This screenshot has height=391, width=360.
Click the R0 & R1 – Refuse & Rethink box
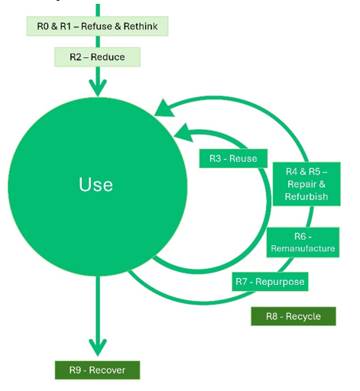[97, 26]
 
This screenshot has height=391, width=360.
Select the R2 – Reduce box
[97, 57]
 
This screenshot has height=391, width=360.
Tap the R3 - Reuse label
[233, 158]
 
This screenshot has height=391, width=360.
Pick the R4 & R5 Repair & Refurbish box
[306, 184]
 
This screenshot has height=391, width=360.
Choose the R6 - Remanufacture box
[303, 242]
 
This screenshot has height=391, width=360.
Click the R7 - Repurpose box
[270, 282]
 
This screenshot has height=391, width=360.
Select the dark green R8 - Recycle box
[294, 316]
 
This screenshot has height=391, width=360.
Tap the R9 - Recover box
[97, 370]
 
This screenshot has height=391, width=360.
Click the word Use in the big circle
[96, 184]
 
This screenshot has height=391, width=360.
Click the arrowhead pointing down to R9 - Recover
[98, 347]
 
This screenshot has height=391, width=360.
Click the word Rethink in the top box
[141, 26]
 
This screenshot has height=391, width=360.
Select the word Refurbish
[306, 196]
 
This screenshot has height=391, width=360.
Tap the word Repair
[302, 184]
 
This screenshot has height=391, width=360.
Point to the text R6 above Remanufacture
[300, 237]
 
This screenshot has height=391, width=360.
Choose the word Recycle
[303, 317]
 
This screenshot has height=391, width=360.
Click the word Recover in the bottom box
[107, 370]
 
